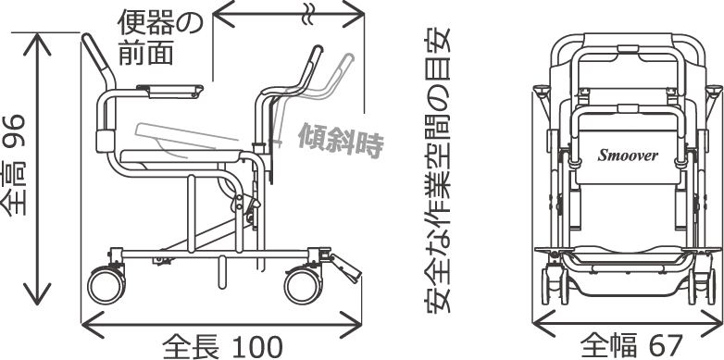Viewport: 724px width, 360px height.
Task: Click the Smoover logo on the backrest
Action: [629, 155]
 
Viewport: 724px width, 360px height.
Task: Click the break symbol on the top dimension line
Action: [308, 12]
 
